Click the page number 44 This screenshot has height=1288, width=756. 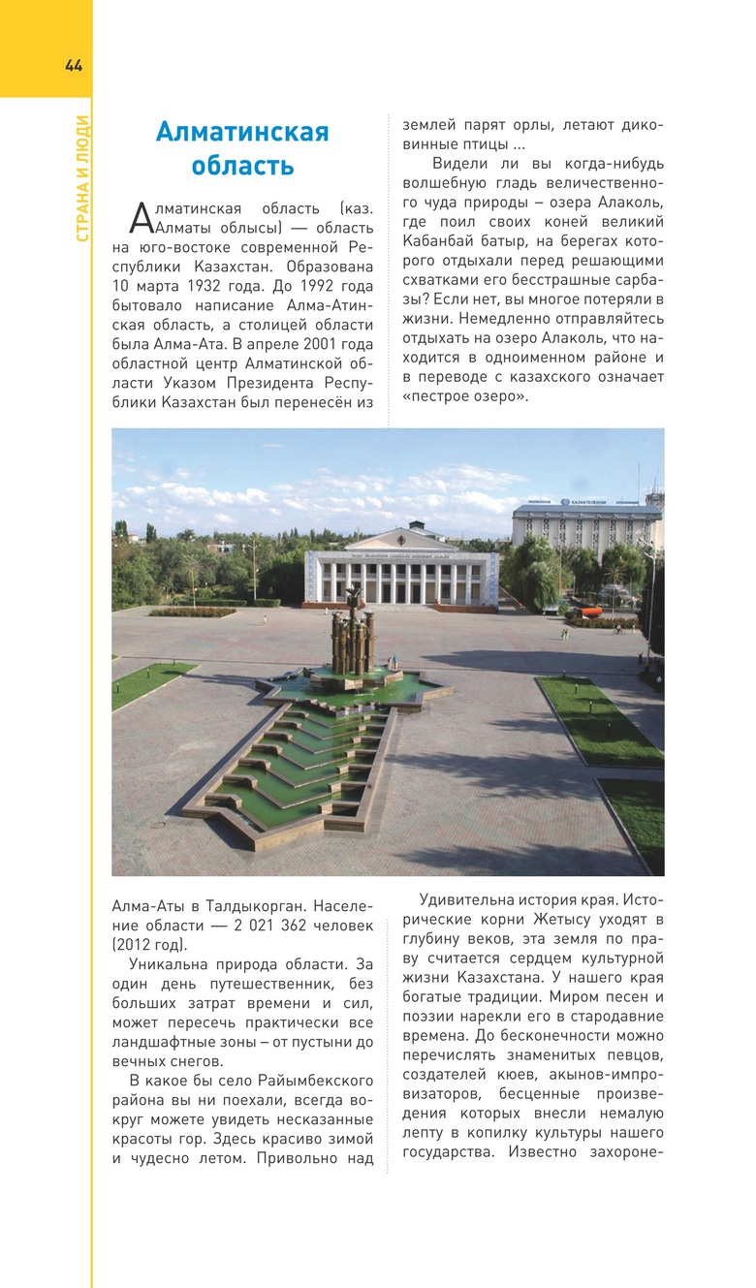point(74,66)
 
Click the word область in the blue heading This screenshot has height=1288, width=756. point(242,166)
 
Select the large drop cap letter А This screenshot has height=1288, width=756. point(141,218)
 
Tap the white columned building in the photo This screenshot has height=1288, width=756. point(403,573)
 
